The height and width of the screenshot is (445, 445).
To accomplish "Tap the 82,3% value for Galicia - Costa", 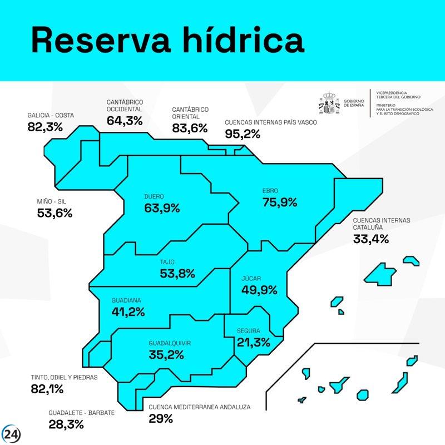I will [x=45, y=127].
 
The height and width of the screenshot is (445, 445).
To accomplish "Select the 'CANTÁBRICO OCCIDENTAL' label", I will [x=125, y=106].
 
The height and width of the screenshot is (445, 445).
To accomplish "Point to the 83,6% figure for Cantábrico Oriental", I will [x=190, y=127].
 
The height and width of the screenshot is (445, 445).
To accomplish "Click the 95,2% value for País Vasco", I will [x=243, y=133].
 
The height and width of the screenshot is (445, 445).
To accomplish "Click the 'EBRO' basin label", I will [x=270, y=191].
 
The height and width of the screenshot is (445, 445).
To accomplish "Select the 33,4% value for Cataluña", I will [x=371, y=239].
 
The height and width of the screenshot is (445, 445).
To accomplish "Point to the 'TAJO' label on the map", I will [x=167, y=261].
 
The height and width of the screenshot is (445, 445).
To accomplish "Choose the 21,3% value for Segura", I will [x=253, y=342].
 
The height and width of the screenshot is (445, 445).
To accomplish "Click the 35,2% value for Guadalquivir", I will [x=166, y=354].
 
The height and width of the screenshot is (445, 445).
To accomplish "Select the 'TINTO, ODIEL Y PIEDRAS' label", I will [x=64, y=377].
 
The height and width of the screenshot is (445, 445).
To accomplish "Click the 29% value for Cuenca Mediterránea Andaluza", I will [x=161, y=418].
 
